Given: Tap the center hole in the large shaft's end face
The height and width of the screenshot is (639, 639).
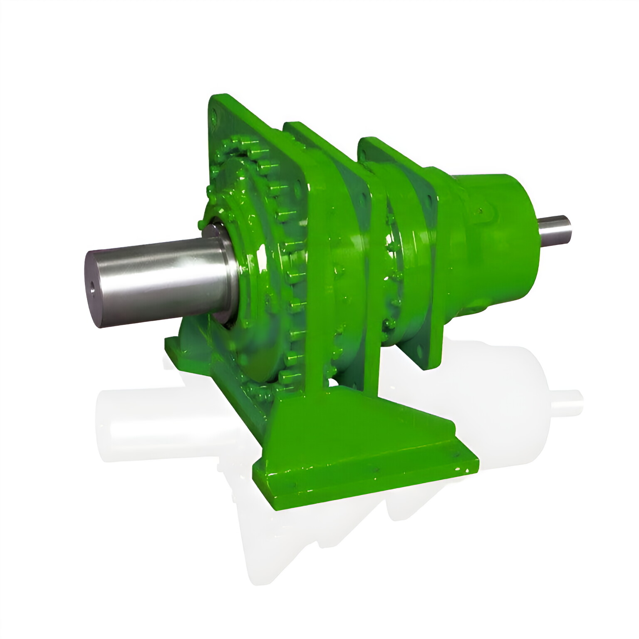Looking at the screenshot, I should click(x=93, y=287).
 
